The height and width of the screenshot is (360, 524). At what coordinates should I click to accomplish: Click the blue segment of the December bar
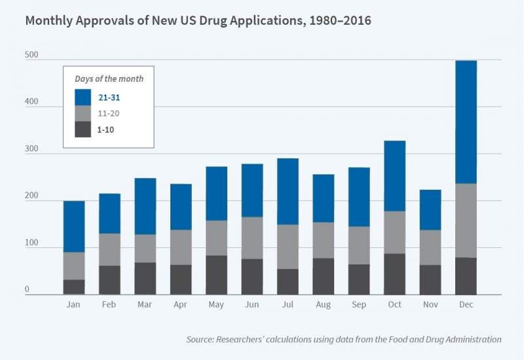[x=466, y=122]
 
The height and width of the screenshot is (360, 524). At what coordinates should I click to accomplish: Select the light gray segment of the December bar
[x=466, y=221]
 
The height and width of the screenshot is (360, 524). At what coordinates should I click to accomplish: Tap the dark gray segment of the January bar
[x=74, y=287]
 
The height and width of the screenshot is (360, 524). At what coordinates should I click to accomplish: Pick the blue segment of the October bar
[x=394, y=175]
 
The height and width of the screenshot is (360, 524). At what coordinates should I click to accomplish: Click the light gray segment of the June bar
[x=252, y=238]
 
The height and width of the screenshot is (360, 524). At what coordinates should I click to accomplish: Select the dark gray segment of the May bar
[x=216, y=275]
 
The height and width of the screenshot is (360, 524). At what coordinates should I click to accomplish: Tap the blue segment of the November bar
[x=430, y=209]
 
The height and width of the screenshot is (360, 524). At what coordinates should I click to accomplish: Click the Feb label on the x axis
[x=109, y=305]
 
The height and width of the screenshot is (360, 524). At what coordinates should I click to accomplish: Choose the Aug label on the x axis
[x=323, y=305]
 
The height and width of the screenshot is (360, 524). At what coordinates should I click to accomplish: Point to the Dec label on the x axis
[x=466, y=305]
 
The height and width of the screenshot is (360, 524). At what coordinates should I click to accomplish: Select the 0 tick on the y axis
[x=28, y=289]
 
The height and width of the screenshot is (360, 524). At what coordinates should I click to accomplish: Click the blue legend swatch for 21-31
[x=83, y=97]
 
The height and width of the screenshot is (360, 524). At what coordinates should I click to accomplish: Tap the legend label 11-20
[x=109, y=113]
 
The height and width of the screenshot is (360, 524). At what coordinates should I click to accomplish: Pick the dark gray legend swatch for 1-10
[x=83, y=129]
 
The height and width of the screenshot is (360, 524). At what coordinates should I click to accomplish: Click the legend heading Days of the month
[x=109, y=79]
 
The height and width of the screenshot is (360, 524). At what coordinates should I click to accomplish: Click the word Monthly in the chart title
[x=49, y=20]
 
